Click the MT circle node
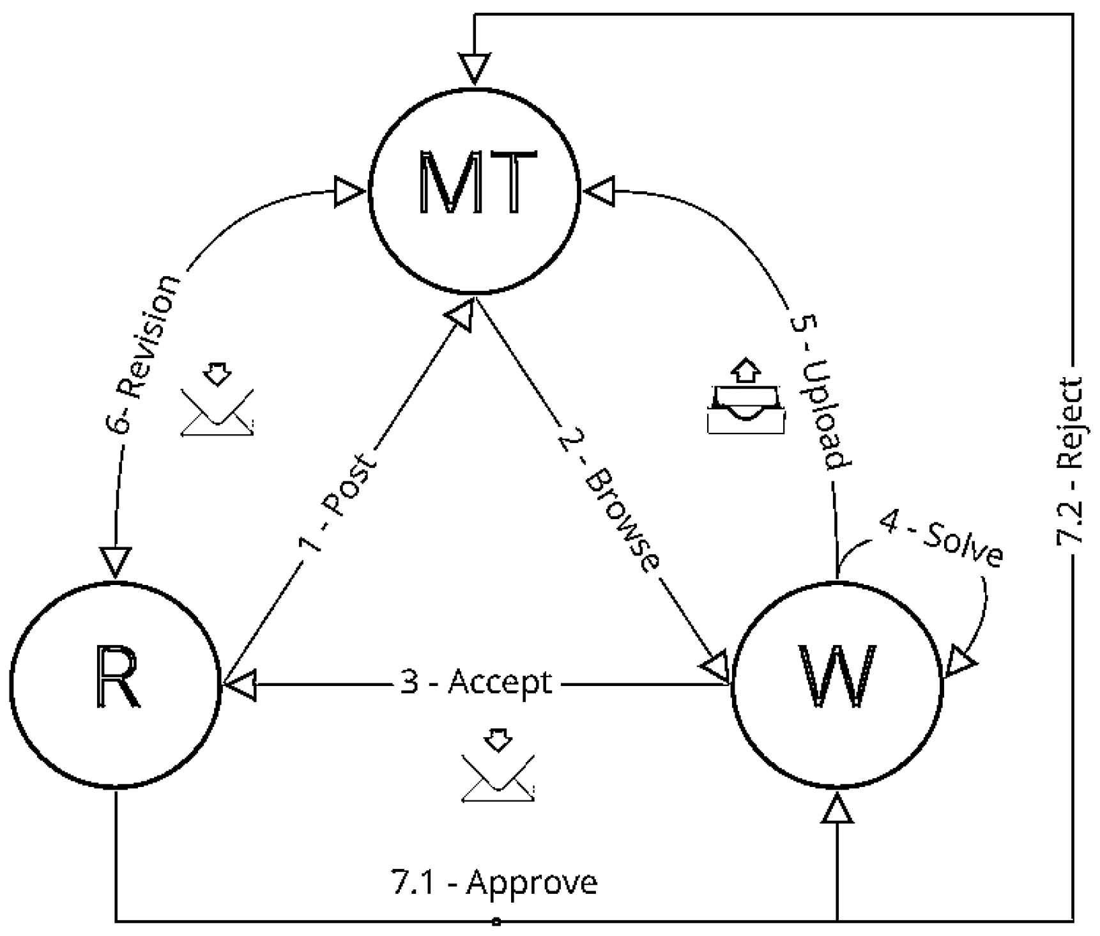point(474,190)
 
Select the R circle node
point(115,684)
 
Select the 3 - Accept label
point(476,683)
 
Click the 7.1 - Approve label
point(493,883)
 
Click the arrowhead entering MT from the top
point(475,68)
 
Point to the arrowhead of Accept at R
point(239,685)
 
